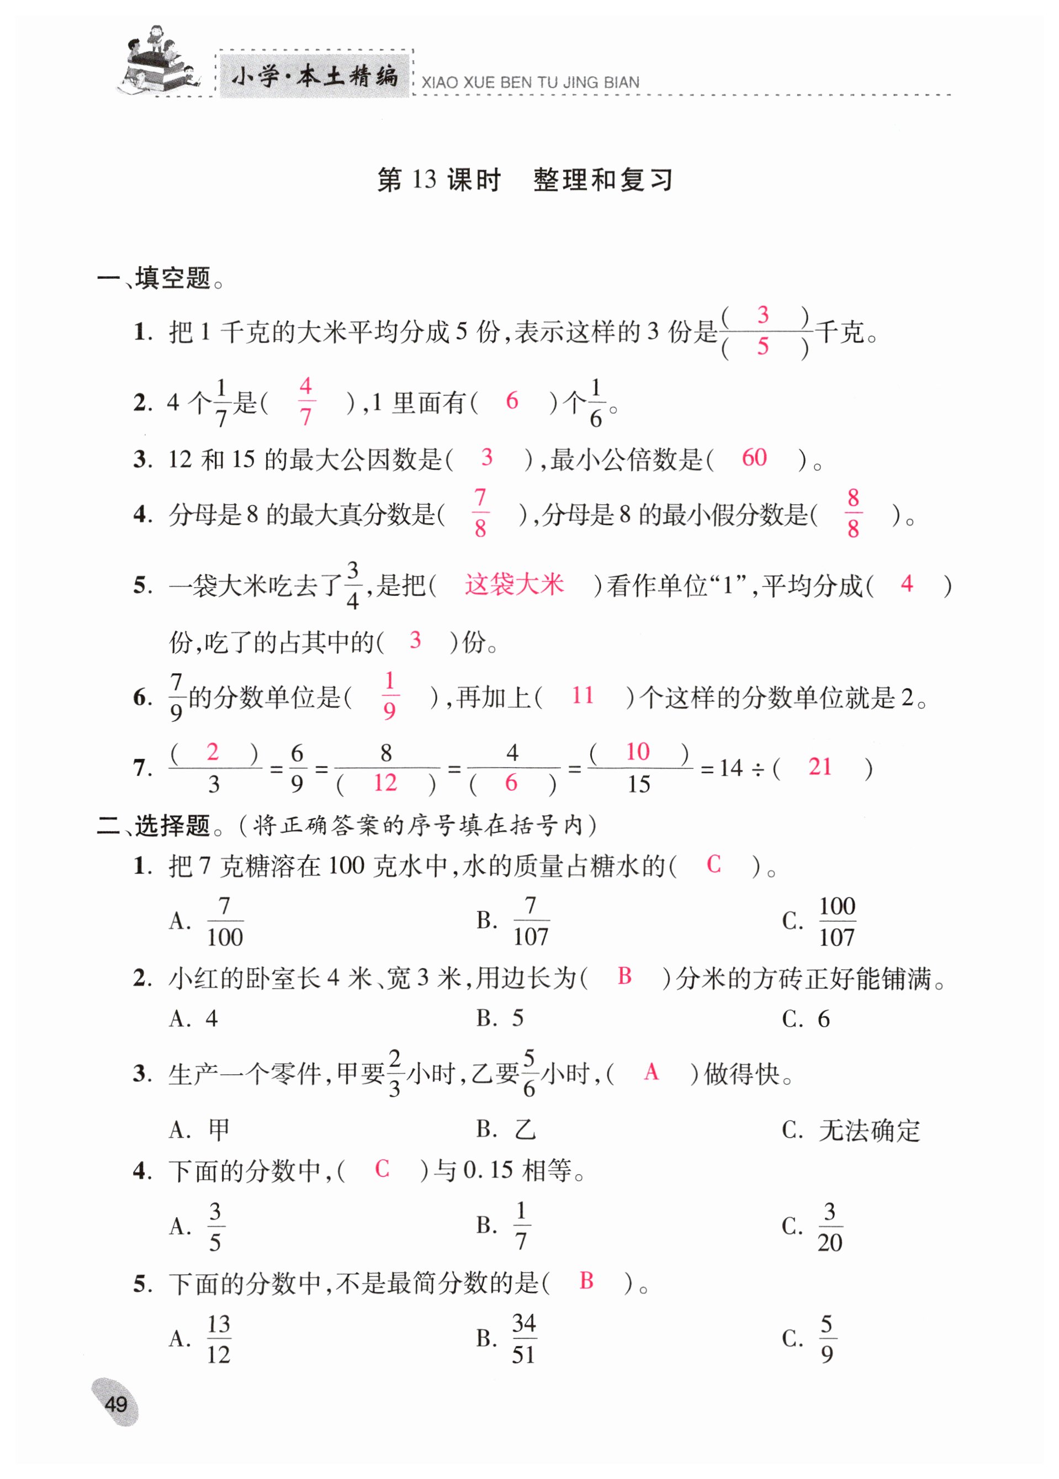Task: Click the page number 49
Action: click(115, 1403)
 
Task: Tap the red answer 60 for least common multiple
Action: click(754, 458)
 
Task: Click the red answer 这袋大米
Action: click(514, 584)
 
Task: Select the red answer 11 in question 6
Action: click(583, 696)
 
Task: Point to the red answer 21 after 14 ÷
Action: click(820, 767)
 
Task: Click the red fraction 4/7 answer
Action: click(305, 401)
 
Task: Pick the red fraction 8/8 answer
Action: click(853, 514)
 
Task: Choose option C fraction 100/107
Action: click(836, 921)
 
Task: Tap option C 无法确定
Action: click(869, 1130)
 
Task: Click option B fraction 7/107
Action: click(531, 921)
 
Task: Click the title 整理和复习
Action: click(602, 180)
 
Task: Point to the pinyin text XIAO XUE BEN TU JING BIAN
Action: click(530, 83)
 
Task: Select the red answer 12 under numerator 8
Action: click(385, 783)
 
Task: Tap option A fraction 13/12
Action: click(219, 1339)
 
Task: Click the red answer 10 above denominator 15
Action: click(637, 752)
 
